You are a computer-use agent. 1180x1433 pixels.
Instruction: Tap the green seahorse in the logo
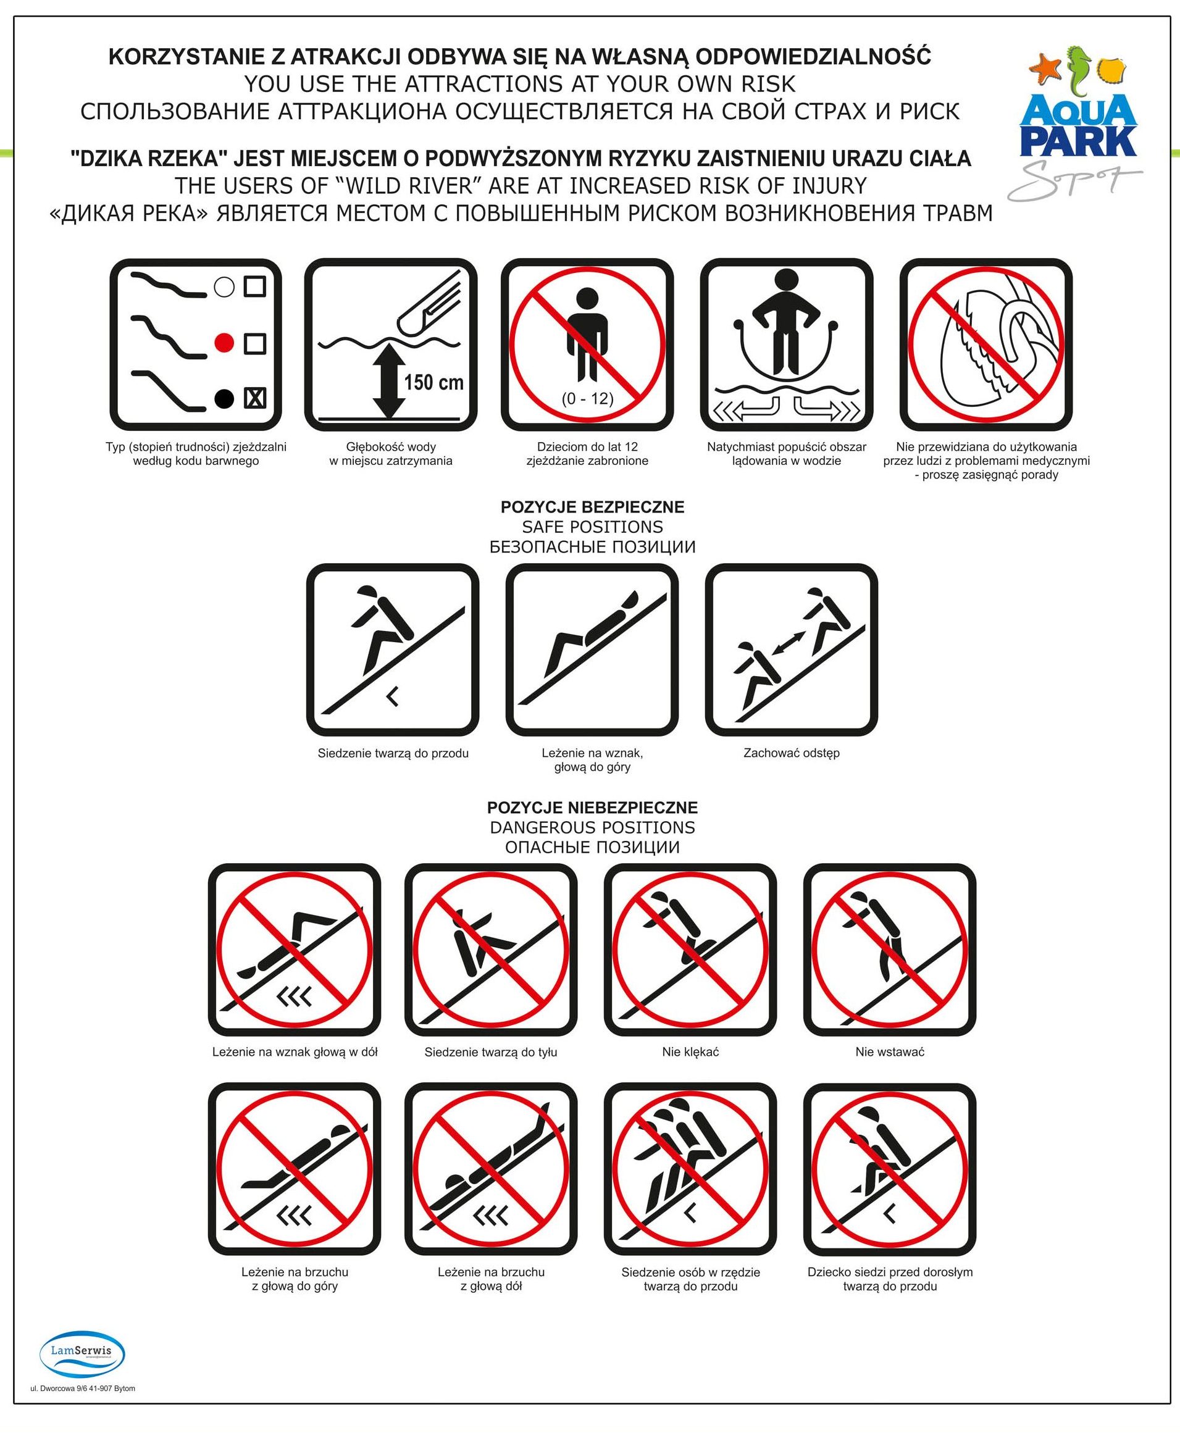tap(1078, 70)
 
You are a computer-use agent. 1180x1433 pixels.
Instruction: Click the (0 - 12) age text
tap(587, 398)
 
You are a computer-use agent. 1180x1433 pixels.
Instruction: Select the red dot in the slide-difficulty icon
tap(224, 343)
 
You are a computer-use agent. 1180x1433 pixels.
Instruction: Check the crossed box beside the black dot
tap(255, 398)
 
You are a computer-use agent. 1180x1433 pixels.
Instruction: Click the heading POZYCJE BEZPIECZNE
tap(592, 507)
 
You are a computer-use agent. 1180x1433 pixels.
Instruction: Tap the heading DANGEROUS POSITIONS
tap(592, 827)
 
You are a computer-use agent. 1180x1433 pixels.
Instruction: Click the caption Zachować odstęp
tap(791, 753)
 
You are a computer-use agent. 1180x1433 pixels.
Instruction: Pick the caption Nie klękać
tap(690, 1052)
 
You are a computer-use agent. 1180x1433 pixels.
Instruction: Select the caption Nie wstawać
tap(890, 1052)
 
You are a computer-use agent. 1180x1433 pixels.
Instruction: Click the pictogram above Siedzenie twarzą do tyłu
tap(491, 950)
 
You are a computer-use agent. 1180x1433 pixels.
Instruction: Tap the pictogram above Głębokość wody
tap(391, 345)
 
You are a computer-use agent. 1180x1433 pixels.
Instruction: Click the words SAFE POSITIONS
tap(592, 527)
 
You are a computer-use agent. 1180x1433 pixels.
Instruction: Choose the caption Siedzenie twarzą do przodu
tap(393, 753)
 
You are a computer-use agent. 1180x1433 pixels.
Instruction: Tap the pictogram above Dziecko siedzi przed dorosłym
tap(890, 1169)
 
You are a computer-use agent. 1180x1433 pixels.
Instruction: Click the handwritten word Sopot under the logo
tap(1074, 180)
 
